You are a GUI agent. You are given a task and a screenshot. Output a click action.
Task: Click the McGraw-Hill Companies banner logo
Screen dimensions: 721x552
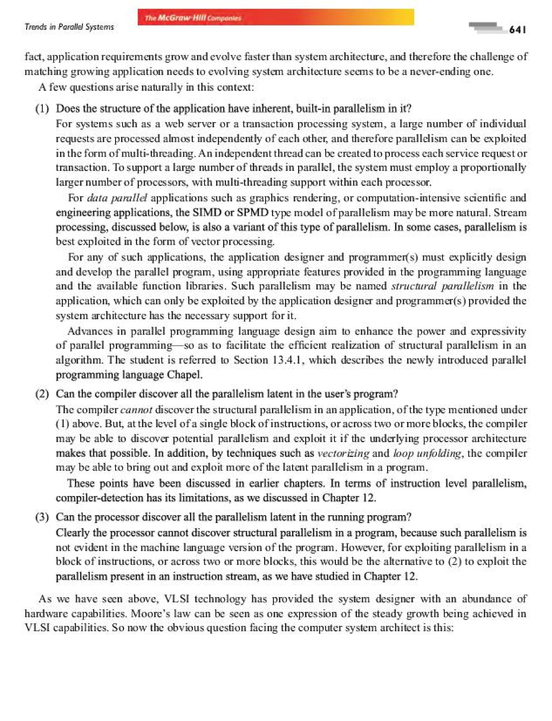pos(193,18)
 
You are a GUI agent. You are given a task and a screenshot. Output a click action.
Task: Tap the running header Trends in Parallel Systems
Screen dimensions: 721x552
pos(69,27)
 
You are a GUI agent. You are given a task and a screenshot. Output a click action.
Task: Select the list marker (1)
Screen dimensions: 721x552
pos(42,109)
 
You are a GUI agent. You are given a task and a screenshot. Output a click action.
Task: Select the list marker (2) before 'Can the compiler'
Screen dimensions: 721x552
pos(42,394)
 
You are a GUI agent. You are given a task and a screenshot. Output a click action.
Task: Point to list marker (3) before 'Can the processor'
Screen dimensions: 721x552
pos(42,517)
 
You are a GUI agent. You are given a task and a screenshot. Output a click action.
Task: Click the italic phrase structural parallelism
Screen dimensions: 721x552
pos(442,286)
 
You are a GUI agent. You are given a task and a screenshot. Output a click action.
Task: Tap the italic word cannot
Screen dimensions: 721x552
pos(136,410)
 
